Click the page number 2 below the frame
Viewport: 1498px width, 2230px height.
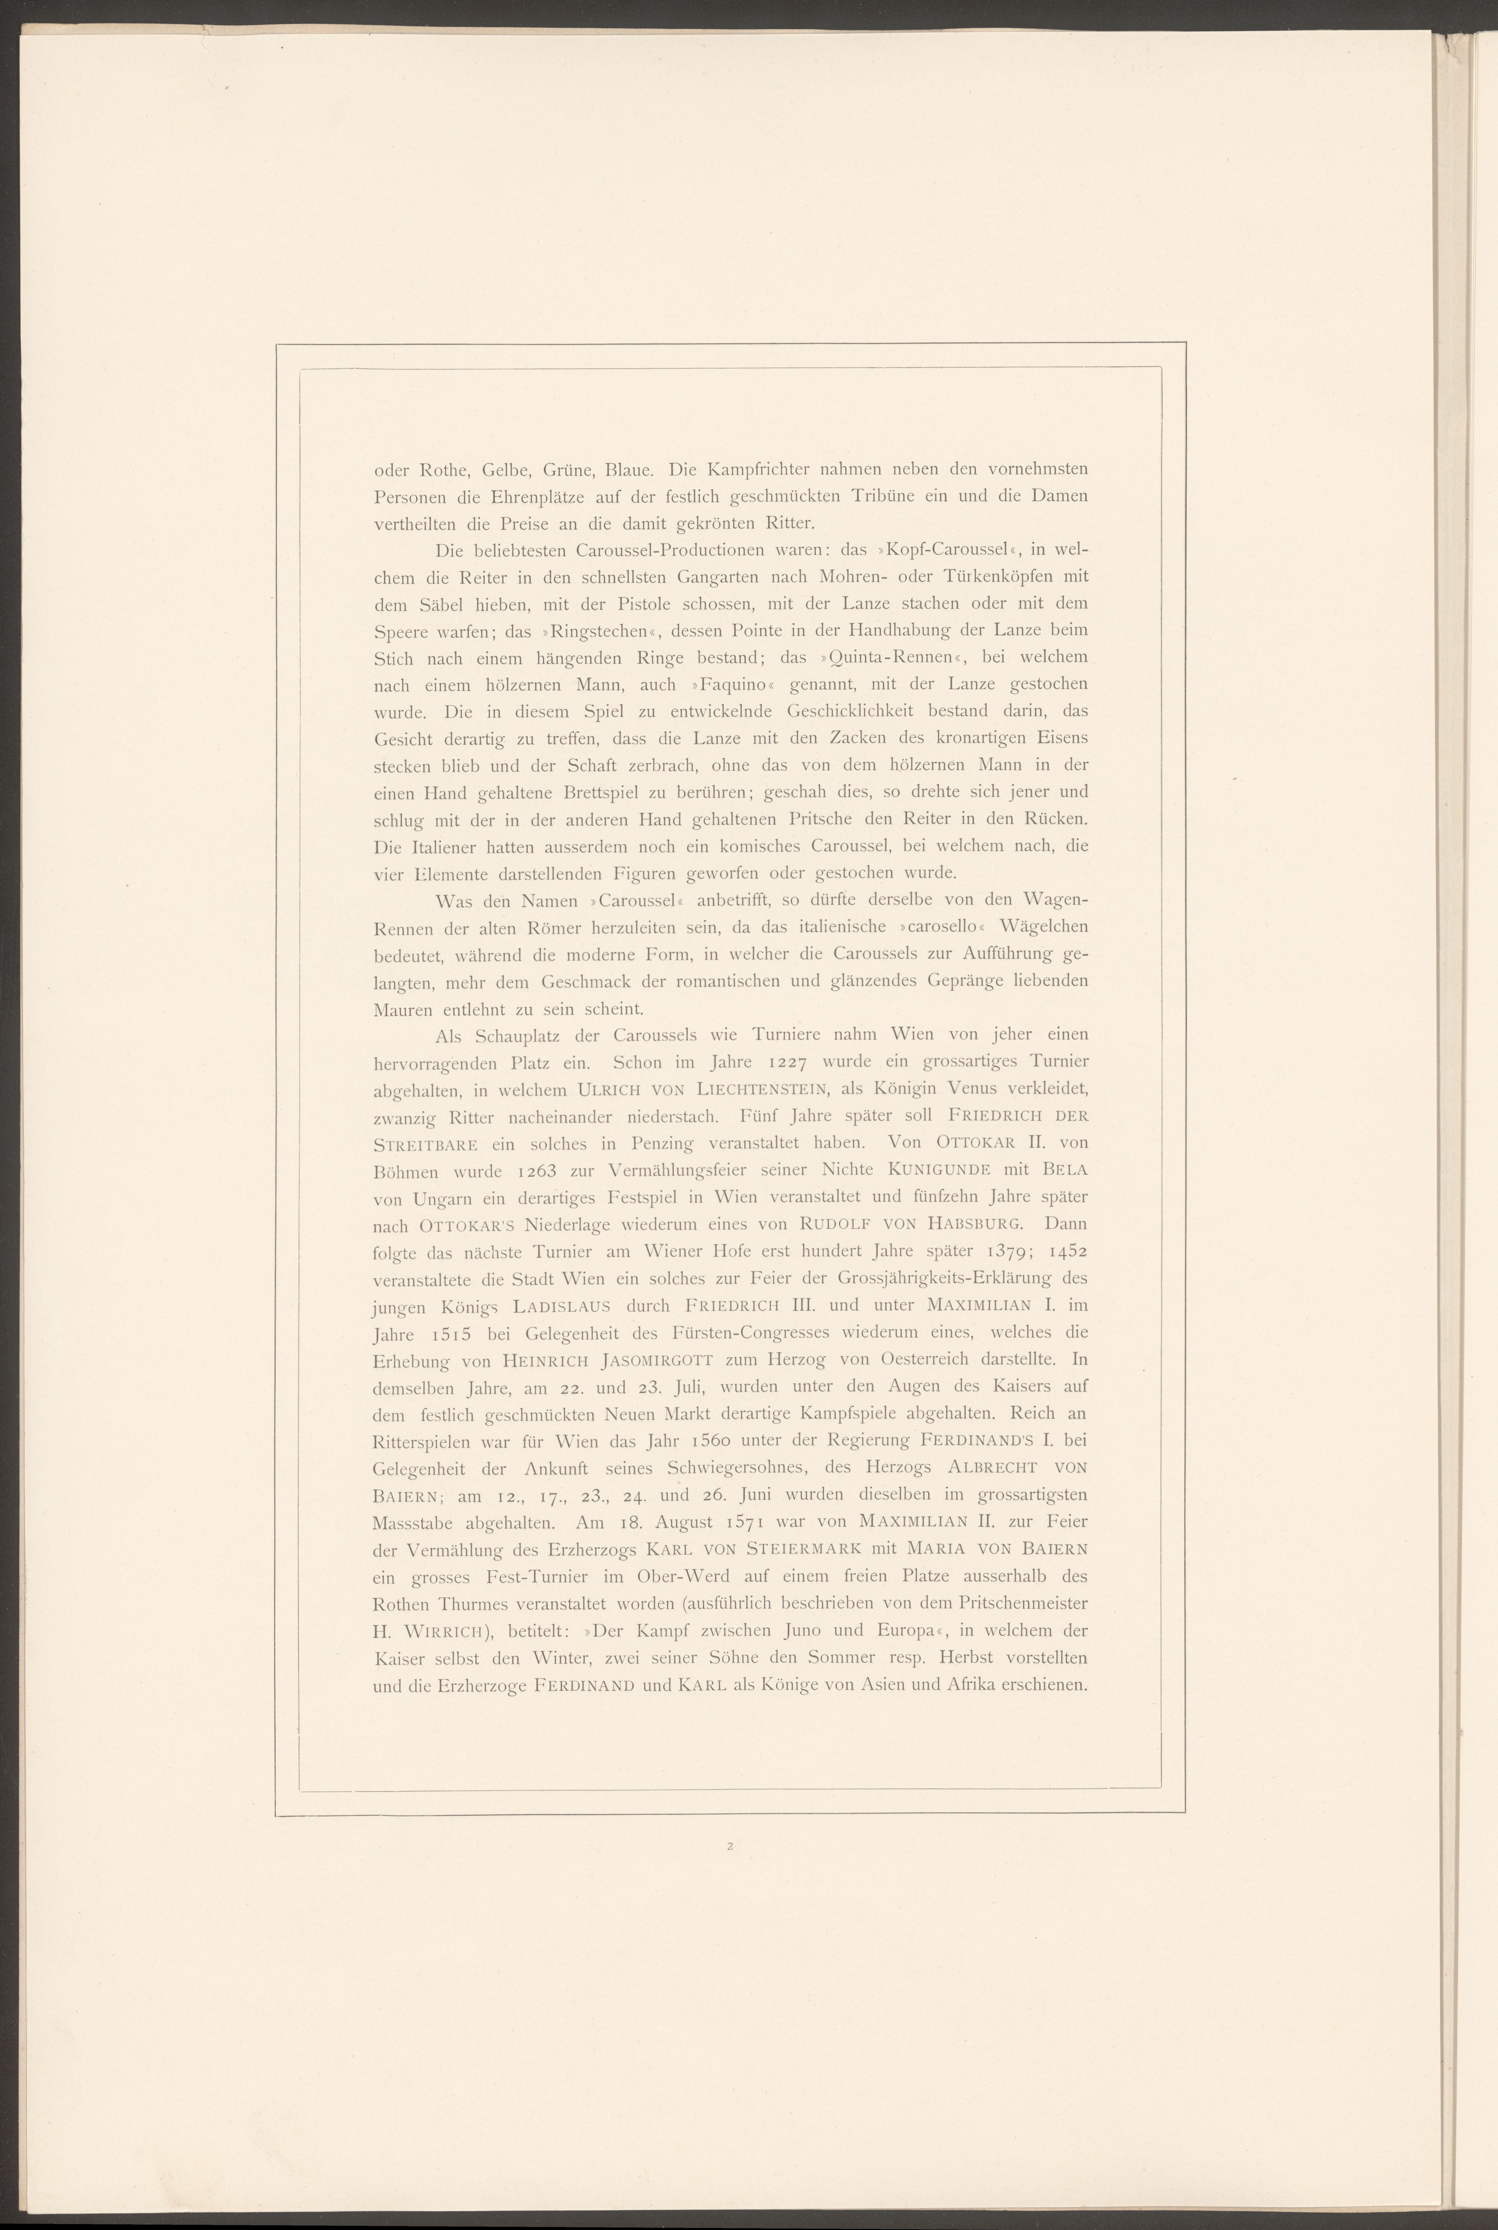coord(729,1846)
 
